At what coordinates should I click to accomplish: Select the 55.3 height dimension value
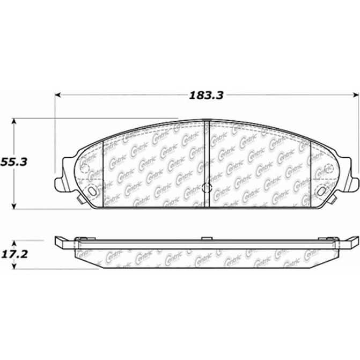click(x=14, y=161)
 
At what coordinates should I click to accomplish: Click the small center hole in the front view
click(x=208, y=187)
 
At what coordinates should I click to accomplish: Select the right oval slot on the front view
click(x=324, y=190)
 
